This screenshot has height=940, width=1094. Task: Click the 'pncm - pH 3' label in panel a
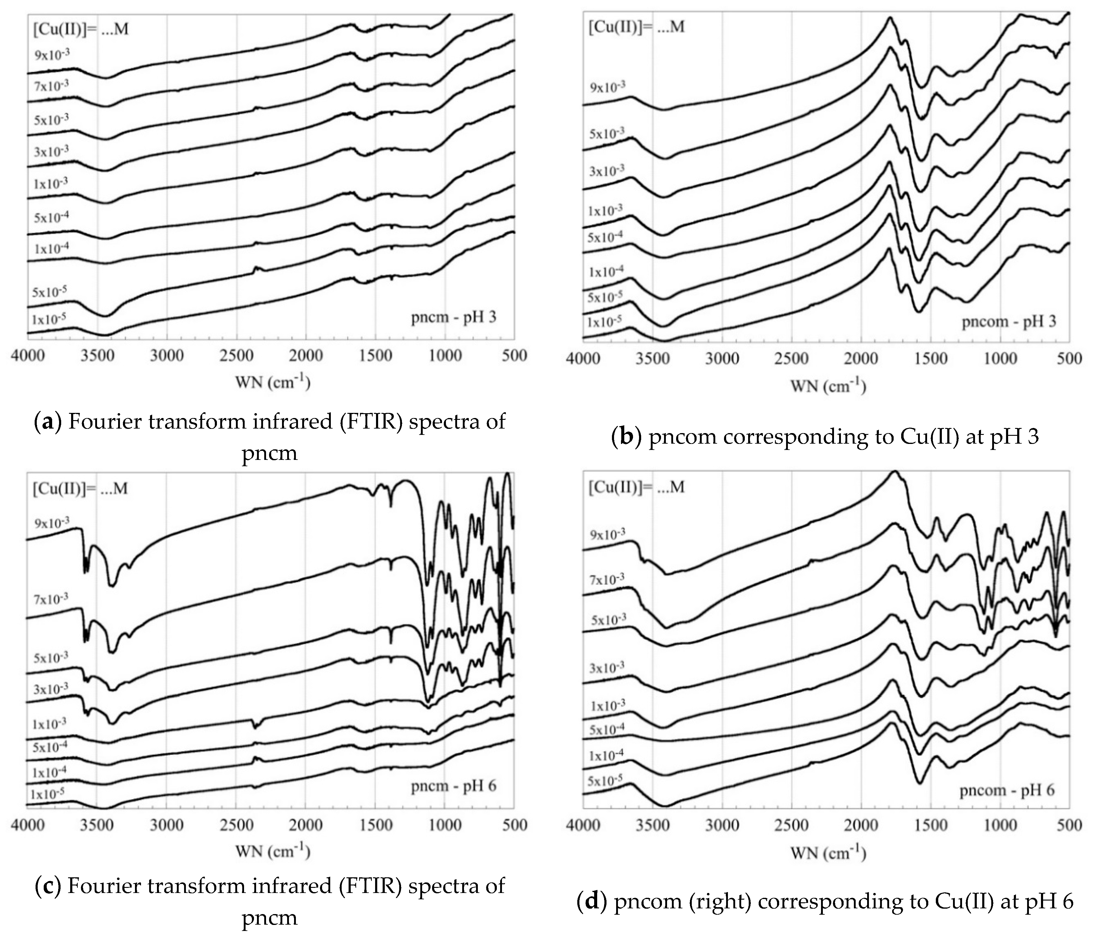click(x=453, y=318)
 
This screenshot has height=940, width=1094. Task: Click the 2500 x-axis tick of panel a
click(x=236, y=355)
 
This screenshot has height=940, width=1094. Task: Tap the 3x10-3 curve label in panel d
click(x=607, y=668)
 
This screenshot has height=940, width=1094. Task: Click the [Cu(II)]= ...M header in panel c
click(x=80, y=489)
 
